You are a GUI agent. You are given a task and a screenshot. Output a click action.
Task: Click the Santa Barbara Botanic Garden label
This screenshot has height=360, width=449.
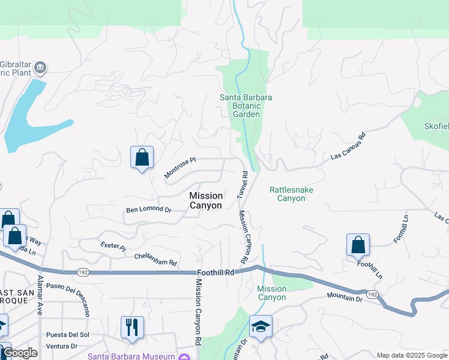pos(246,106)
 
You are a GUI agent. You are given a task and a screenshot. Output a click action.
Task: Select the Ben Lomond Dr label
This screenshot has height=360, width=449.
pos(149,211)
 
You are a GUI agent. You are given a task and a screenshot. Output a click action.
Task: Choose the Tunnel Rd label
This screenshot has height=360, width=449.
pos(243,185)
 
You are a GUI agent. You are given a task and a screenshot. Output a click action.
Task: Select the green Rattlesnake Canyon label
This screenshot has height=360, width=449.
pos(291,194)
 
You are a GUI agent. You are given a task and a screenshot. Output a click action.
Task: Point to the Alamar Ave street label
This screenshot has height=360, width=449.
pos(41,296)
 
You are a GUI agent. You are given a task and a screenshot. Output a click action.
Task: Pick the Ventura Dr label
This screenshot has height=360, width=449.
pos(62,346)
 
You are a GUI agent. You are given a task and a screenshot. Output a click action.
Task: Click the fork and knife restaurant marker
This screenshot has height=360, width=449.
pos(132,328)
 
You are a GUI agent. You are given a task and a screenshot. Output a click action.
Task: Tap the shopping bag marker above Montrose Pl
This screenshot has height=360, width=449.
pos(142,158)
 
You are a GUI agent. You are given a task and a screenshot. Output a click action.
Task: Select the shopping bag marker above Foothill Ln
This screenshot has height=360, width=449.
pos(358,245)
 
